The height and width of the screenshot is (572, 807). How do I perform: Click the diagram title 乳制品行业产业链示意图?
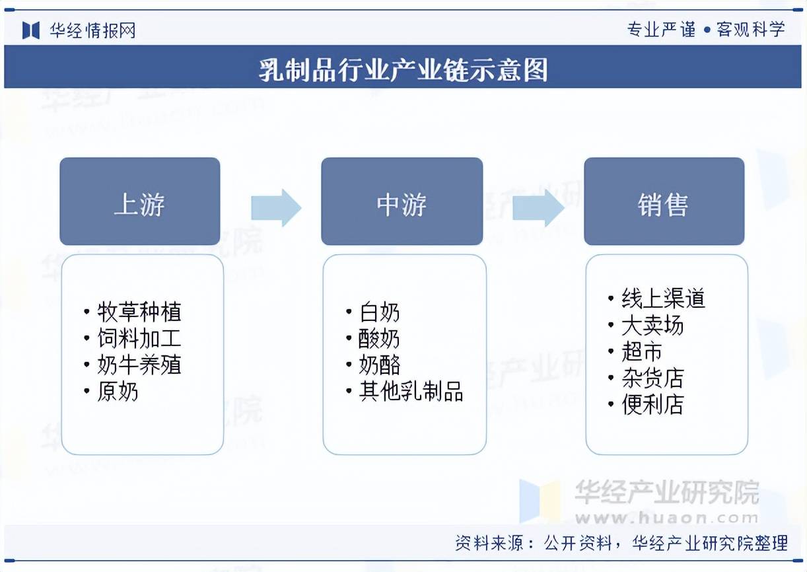pyautogui.click(x=403, y=69)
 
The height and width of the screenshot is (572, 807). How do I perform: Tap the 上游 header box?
pyautogui.click(x=139, y=202)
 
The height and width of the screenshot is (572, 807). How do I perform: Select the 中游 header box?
pyautogui.click(x=402, y=202)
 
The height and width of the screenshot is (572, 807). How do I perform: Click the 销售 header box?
pyautogui.click(x=664, y=202)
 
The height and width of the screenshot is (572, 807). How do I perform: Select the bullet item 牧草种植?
pyautogui.click(x=139, y=312)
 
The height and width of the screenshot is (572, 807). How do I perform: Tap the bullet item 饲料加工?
pyautogui.click(x=139, y=339)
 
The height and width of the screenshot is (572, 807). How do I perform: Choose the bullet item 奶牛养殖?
pyautogui.click(x=139, y=365)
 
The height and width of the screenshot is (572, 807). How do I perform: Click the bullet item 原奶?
pyautogui.click(x=118, y=392)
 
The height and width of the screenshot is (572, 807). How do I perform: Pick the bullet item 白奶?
pyautogui.click(x=379, y=312)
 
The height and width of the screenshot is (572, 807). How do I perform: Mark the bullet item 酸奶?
pyautogui.click(x=379, y=339)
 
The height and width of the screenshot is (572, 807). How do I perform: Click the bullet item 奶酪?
pyautogui.click(x=379, y=365)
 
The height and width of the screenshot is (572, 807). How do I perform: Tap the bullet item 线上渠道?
pyautogui.click(x=663, y=299)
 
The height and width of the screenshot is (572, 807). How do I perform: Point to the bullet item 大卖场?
pyautogui.click(x=652, y=326)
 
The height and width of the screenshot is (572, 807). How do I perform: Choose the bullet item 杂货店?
pyautogui.click(x=652, y=378)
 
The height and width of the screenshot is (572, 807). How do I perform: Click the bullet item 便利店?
pyautogui.click(x=652, y=405)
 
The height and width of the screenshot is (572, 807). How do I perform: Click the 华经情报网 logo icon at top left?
pyautogui.click(x=31, y=30)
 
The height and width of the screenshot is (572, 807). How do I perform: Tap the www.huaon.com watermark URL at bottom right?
pyautogui.click(x=667, y=518)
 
